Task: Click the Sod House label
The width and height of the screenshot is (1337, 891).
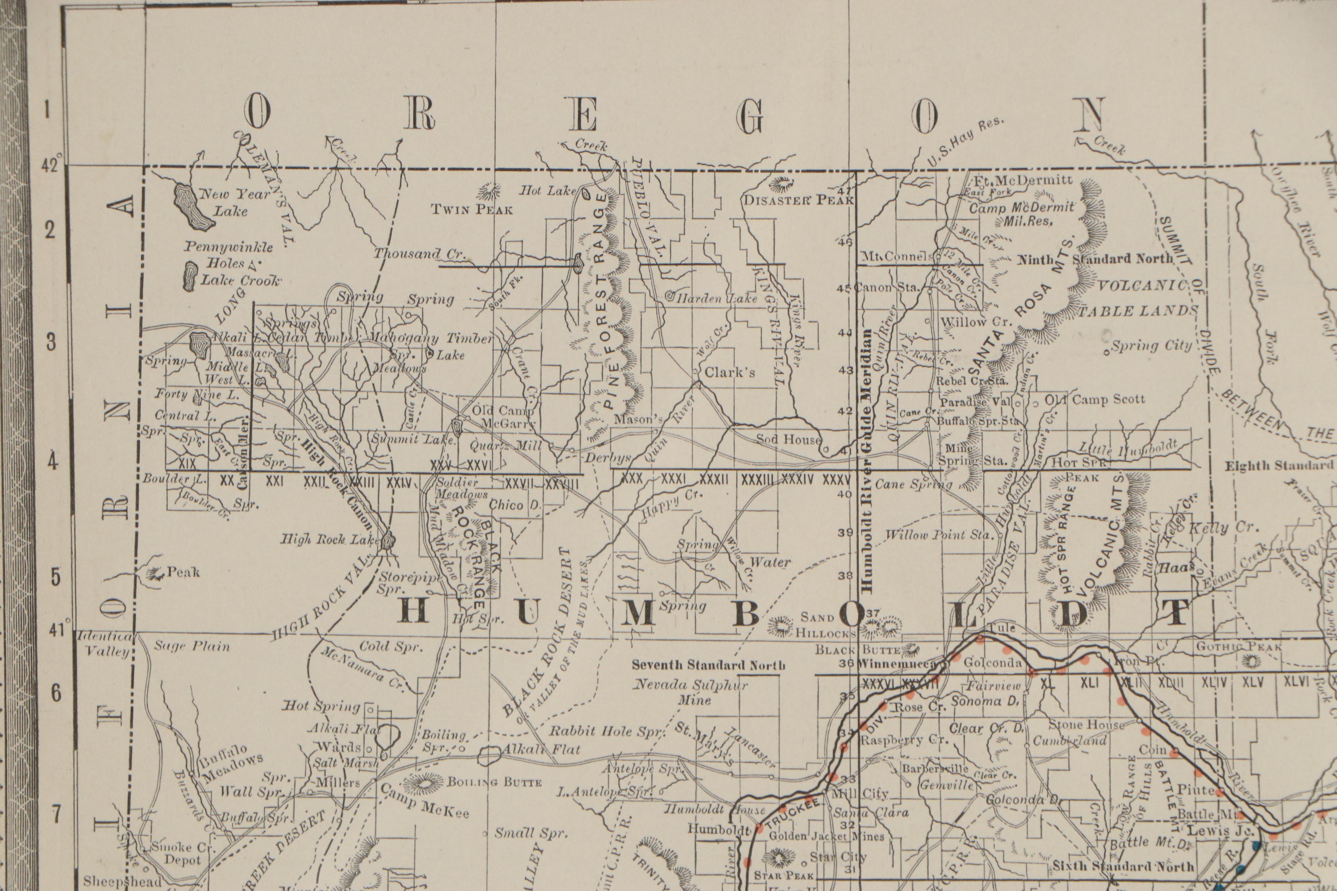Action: pos(788,439)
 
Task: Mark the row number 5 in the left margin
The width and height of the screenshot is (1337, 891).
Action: pos(55,577)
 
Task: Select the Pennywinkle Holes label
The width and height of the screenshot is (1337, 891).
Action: pos(229,255)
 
